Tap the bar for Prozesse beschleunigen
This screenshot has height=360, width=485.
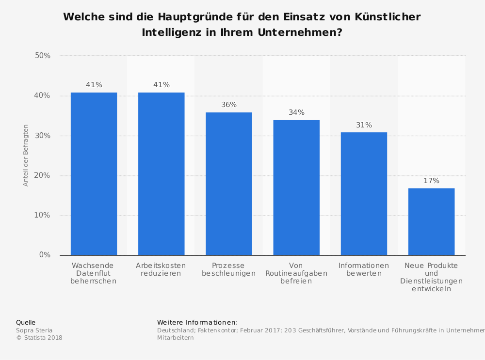[228, 184]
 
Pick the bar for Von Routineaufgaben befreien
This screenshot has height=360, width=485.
[296, 188]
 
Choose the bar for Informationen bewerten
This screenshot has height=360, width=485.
[364, 193]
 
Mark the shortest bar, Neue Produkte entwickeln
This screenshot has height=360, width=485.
[431, 221]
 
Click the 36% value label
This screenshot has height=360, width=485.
[229, 105]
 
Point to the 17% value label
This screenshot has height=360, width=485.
[431, 181]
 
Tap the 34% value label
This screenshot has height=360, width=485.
[296, 112]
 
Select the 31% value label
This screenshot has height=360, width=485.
[364, 125]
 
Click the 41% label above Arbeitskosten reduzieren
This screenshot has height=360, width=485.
[162, 85]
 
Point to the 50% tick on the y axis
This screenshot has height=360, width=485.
[43, 56]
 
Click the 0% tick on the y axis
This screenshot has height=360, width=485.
[45, 255]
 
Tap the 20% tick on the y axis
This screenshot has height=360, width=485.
[43, 175]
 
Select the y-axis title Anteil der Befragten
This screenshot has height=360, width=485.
[26, 156]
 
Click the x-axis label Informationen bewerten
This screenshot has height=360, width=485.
[364, 269]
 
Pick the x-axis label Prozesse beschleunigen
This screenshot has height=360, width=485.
[228, 269]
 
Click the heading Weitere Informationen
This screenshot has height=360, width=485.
[197, 322]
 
